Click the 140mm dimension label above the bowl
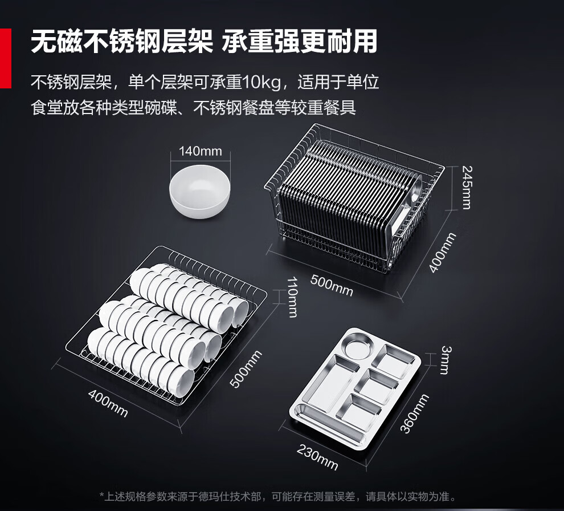point(201,151)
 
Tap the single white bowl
point(199,192)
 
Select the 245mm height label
point(467,187)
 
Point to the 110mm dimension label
point(292,297)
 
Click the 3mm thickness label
point(446,360)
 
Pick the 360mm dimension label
point(415,413)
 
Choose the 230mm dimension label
point(317,457)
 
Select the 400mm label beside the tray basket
point(443,253)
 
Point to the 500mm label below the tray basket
point(332,285)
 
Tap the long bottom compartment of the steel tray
point(329,424)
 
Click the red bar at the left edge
point(5,58)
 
